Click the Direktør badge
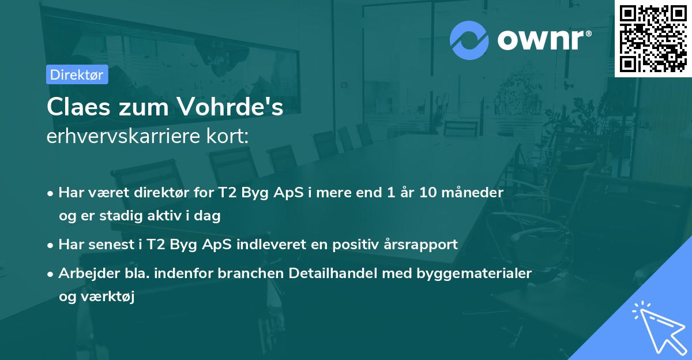77,74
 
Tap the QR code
653,38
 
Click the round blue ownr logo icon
469,40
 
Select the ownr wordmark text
544,40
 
